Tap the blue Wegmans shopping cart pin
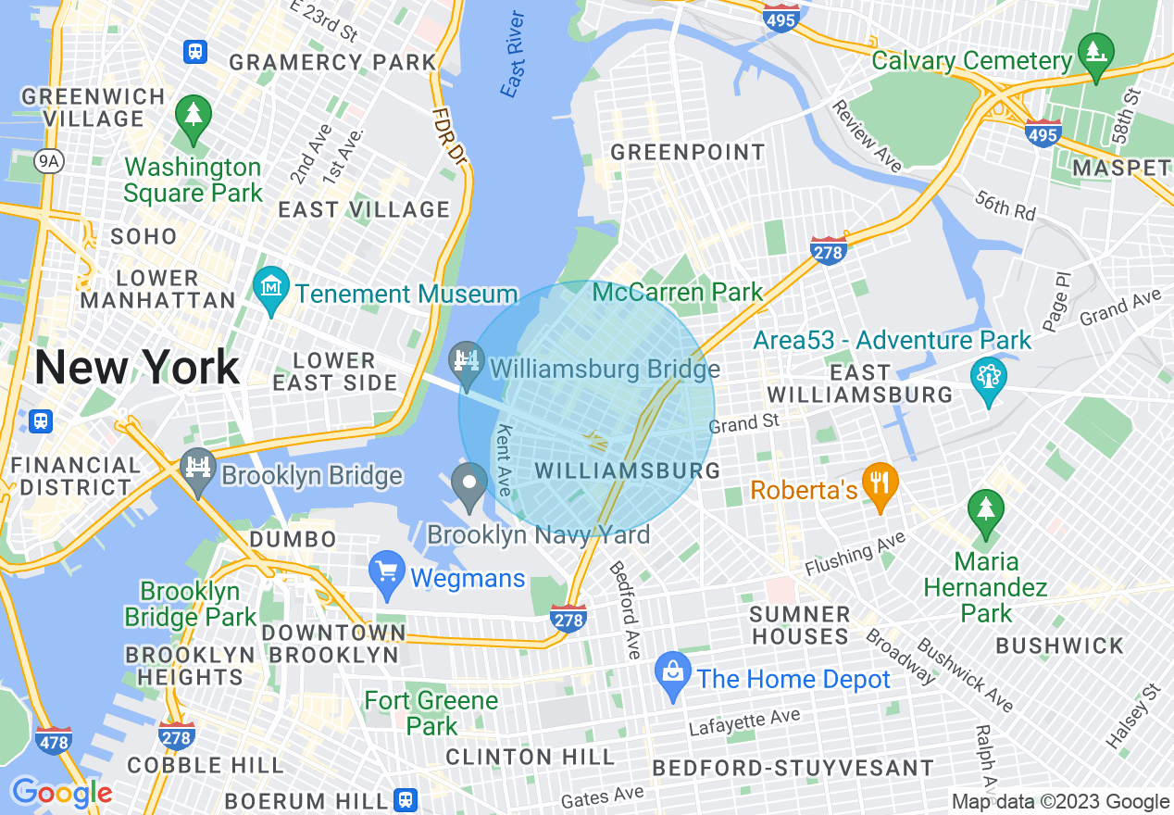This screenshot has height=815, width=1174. (x=386, y=571)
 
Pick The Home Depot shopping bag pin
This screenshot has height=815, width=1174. (x=673, y=673)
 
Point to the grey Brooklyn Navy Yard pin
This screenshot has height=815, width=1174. (x=470, y=483)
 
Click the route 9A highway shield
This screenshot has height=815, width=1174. (x=47, y=161)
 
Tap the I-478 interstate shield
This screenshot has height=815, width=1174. (x=55, y=739)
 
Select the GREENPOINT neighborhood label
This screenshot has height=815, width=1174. (x=688, y=152)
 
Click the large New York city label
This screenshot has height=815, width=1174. (x=137, y=369)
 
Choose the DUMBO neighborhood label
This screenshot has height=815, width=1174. (x=293, y=539)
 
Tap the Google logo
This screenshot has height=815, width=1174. (x=61, y=794)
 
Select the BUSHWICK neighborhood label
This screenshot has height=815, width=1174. (x=1059, y=646)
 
